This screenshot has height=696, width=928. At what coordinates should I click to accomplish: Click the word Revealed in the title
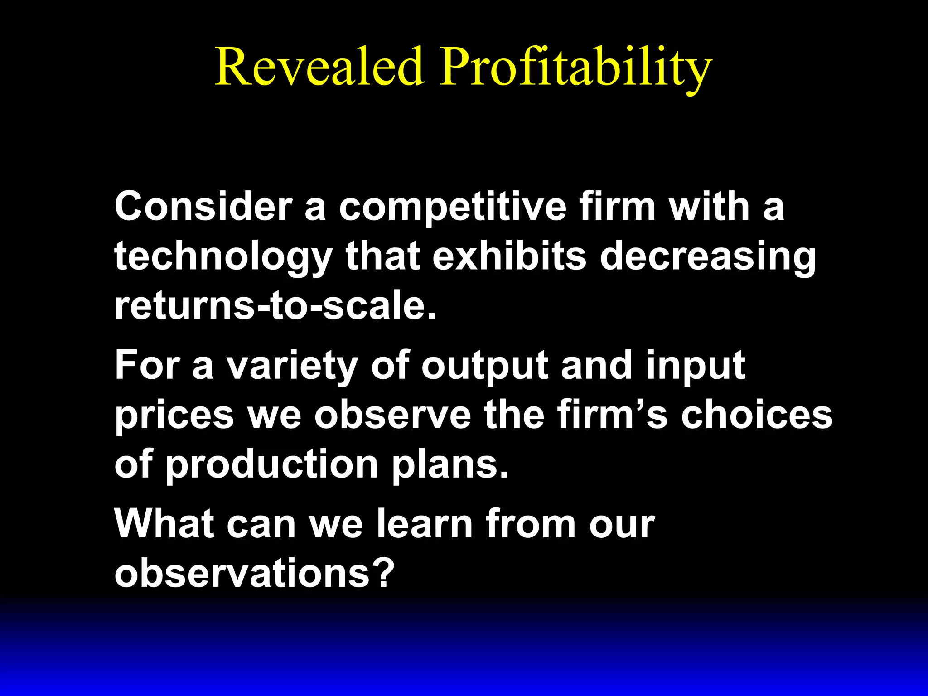(319, 67)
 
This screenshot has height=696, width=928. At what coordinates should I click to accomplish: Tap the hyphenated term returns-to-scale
(275, 306)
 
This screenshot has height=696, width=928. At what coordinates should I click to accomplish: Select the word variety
(292, 366)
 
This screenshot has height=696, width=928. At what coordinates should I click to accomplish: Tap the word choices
(757, 415)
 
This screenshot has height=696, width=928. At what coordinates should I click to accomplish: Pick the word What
(164, 524)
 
